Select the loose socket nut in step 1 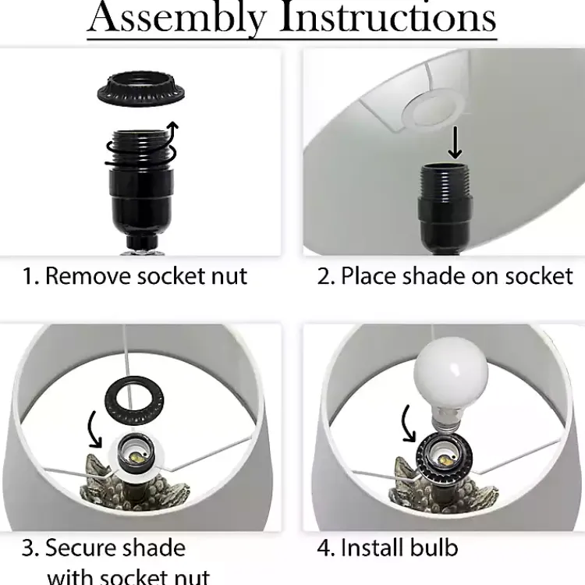pyautogui.click(x=141, y=91)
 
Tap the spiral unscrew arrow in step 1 pyautogui.click(x=142, y=147)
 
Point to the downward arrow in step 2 pyautogui.click(x=455, y=143)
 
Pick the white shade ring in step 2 pyautogui.click(x=433, y=110)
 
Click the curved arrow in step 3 pyautogui.click(x=94, y=429)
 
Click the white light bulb pyautogui.click(x=452, y=385)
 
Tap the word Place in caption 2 pyautogui.click(x=368, y=277)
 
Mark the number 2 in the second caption pyautogui.click(x=324, y=277)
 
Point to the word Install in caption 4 pyautogui.click(x=372, y=547)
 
